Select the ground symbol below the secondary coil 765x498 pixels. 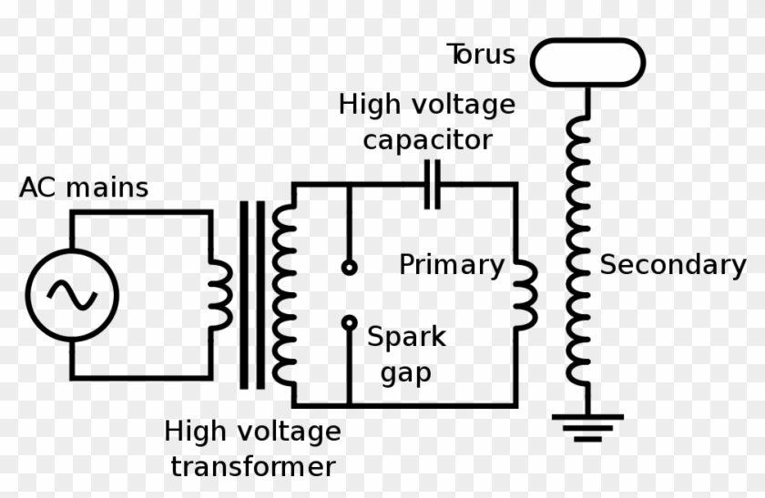click(587, 426)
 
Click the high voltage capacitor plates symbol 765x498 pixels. click(432, 184)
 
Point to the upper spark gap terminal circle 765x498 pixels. click(349, 267)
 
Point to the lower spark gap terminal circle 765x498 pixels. click(349, 323)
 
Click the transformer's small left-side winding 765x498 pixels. click(220, 294)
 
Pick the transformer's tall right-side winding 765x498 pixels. click(284, 294)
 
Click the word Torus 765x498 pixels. click(481, 55)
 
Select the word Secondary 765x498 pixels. click(672, 265)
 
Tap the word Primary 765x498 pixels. click(452, 265)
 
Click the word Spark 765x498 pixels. click(406, 337)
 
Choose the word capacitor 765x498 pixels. click(427, 140)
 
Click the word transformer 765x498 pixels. click(253, 467)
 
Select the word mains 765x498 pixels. click(107, 188)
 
